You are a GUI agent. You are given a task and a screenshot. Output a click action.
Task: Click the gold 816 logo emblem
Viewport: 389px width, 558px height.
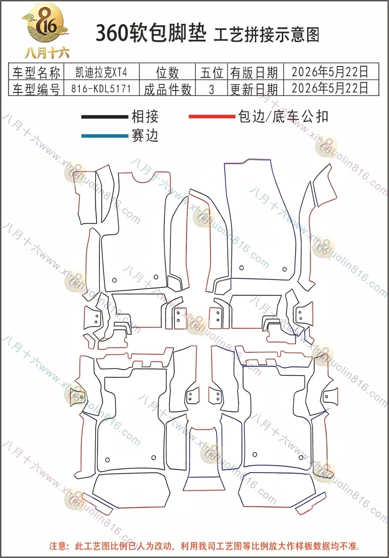click(x=45, y=24)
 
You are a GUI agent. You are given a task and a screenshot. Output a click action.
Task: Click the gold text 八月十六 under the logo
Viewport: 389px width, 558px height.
click(x=47, y=53)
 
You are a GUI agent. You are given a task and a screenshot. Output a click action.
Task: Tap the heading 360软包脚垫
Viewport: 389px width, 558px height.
click(x=151, y=33)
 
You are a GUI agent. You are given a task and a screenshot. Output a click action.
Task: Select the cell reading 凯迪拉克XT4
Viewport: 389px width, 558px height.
click(x=102, y=72)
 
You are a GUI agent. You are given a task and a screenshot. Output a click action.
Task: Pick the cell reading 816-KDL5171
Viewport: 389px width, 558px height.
click(x=101, y=88)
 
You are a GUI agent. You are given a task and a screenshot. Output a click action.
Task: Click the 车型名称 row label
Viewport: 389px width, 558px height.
click(x=36, y=72)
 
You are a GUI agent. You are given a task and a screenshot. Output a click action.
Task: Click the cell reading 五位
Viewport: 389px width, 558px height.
click(x=212, y=73)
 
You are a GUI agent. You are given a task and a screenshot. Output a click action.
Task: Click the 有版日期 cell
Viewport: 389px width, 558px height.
click(x=254, y=73)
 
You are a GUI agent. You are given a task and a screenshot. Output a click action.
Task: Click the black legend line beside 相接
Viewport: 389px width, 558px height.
click(x=105, y=117)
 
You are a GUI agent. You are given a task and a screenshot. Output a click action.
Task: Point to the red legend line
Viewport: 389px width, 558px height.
click(x=212, y=116)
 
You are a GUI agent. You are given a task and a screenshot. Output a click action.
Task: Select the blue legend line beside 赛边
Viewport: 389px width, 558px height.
click(x=105, y=136)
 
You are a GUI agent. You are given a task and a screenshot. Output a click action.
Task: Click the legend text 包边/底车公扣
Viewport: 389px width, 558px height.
click(x=283, y=116)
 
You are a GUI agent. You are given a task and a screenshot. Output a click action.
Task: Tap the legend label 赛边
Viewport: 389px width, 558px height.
click(x=145, y=136)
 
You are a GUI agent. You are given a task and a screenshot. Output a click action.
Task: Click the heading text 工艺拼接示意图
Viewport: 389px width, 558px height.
click(x=267, y=35)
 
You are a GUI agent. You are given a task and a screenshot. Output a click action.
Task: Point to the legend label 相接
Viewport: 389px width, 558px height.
click(x=145, y=116)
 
